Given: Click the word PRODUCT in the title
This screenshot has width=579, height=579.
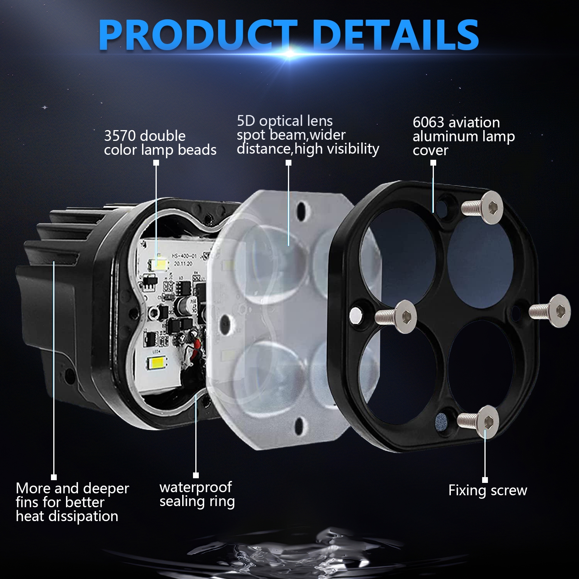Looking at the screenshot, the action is coord(198,35).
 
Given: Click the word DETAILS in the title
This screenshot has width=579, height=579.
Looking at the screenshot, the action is coord(396,35).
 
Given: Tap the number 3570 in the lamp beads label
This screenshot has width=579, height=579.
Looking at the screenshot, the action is coord(120,136).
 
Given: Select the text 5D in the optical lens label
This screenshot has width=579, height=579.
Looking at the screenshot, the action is coord(246,121).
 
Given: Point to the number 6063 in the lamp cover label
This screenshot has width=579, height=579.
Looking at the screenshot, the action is coord(428,122).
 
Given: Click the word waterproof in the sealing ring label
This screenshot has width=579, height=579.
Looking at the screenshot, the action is coord(195,488).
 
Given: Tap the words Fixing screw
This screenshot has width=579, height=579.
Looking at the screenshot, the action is coord(488,490).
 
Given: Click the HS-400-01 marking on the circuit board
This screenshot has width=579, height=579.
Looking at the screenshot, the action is coord(184,256).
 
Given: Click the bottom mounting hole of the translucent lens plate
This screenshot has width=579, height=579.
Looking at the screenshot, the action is coord(300,425).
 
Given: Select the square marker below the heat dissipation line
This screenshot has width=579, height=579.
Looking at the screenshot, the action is coord(54,477).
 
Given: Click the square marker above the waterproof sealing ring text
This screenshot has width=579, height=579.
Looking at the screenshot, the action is coord(196,475).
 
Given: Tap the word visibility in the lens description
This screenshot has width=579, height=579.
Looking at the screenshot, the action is coord(350,149).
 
